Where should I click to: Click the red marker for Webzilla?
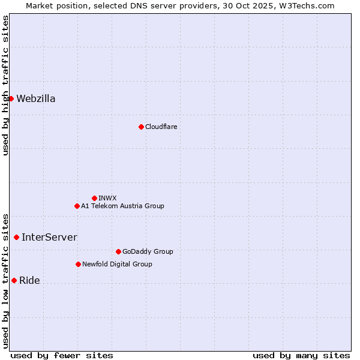[11, 98]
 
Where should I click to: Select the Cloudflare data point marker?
[141, 127]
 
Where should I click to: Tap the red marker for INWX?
[94, 198]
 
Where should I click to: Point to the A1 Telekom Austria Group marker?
[77, 206]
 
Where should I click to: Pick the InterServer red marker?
[16, 237]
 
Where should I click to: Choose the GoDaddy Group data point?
[118, 251]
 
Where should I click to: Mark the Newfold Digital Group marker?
[78, 264]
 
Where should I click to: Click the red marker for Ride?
[14, 280]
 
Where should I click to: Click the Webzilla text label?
[36, 99]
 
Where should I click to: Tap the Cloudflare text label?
[161, 127]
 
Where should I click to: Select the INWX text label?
[107, 198]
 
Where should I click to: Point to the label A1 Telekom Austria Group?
[122, 206]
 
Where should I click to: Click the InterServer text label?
[49, 238]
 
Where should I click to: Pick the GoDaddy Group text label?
[148, 251]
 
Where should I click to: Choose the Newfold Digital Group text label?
[117, 264]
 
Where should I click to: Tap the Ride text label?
[29, 281]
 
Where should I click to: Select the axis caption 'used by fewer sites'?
[62, 355]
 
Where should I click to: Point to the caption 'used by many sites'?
[301, 355]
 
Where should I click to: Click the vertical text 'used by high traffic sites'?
[5, 85]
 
